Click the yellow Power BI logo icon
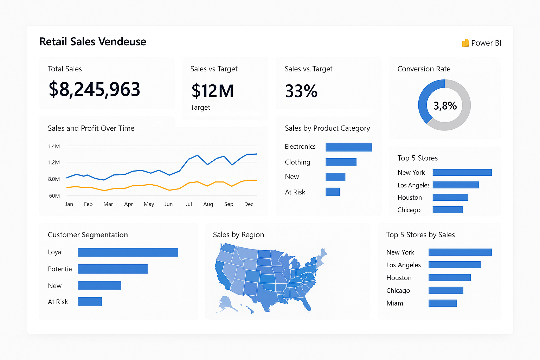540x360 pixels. (465, 43)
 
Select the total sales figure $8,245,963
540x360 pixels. (94, 89)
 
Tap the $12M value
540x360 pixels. (212, 91)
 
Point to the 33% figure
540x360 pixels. (301, 91)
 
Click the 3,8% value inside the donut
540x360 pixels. (445, 105)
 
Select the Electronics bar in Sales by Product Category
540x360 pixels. (348, 147)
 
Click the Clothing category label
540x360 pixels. (297, 162)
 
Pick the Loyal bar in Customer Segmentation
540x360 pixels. (128, 252)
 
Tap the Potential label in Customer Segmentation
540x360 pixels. (60, 269)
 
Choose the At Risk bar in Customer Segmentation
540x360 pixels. (90, 302)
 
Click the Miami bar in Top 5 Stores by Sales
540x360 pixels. (443, 303)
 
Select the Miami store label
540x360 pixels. (396, 303)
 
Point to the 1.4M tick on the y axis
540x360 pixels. (54, 146)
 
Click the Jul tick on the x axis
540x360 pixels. (189, 204)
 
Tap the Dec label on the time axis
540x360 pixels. (249, 204)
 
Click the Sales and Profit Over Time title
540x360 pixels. (91, 128)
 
